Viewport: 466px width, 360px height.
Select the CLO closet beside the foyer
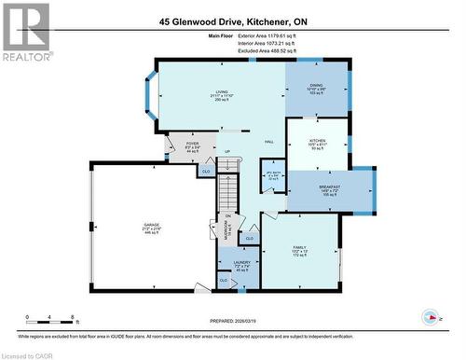pos(205,172)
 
